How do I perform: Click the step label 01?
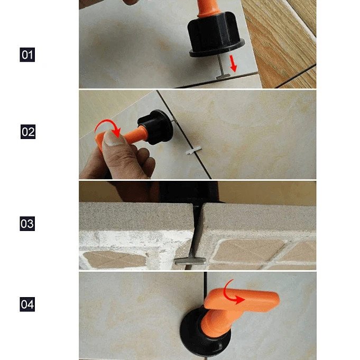[x=27, y=54]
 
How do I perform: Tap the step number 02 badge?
[x=27, y=132]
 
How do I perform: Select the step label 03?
[x=27, y=223]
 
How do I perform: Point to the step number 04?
[x=27, y=304]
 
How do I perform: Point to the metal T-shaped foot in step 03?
[x=186, y=260]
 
